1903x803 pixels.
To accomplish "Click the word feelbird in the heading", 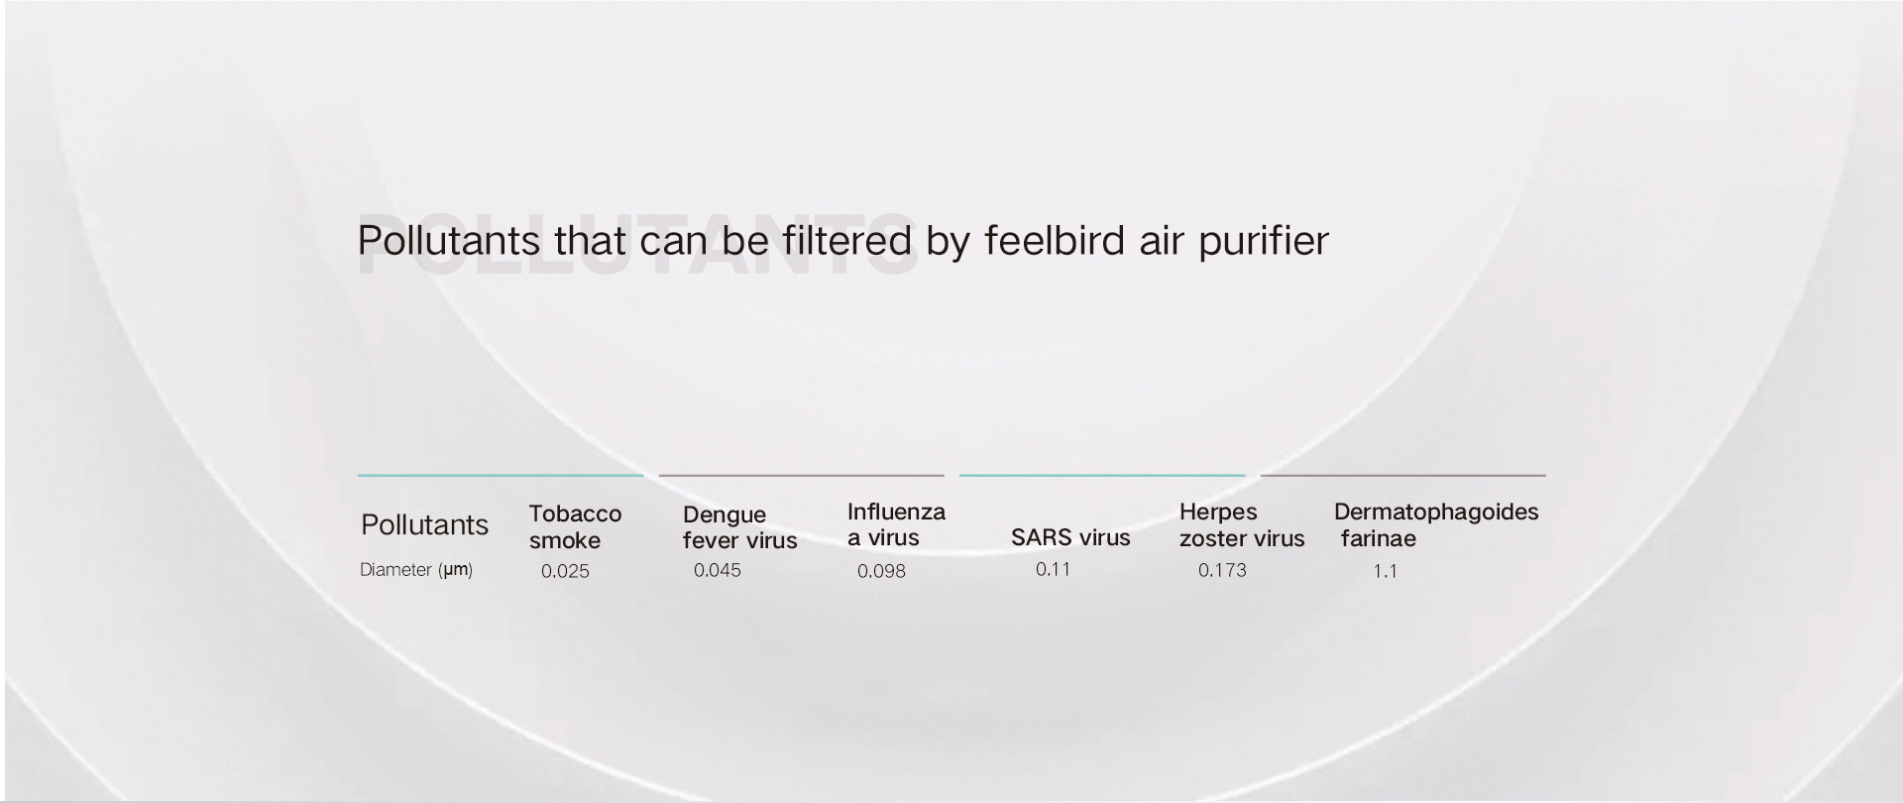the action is (1055, 240).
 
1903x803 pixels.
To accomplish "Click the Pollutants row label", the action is (424, 524).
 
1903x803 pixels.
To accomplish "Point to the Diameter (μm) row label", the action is (416, 570).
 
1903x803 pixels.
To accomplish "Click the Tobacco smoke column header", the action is (575, 526).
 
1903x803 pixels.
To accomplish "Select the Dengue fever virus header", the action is (739, 527).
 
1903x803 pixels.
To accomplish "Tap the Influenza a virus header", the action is (896, 524).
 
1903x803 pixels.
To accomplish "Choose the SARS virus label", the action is (1070, 537).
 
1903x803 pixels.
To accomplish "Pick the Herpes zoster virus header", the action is (1242, 525).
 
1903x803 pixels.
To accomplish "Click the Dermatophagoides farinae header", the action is (1436, 525).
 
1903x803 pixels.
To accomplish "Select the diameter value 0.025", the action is (565, 571).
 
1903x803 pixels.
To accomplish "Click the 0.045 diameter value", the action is (718, 570).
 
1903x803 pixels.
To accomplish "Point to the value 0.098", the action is (881, 571).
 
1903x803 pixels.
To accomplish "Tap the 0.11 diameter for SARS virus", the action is (1054, 569).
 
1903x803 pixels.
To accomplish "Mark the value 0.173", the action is (1222, 570).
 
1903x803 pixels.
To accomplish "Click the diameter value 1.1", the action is (1385, 571).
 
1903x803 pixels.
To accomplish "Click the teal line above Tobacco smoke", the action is (501, 476).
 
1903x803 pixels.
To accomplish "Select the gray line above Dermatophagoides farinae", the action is (1403, 476).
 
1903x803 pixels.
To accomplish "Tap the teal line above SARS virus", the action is (1102, 476).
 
